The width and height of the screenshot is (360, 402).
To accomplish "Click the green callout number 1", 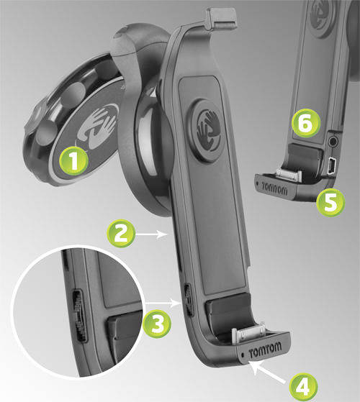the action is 74,161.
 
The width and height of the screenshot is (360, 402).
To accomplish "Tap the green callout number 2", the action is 121,233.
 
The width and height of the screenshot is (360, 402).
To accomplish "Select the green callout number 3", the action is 157,323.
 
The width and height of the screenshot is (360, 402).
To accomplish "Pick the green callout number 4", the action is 304,387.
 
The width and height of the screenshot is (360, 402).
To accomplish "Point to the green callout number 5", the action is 330,203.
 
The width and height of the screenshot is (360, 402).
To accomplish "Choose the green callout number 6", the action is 306,123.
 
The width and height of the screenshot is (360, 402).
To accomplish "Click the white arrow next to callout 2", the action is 152,234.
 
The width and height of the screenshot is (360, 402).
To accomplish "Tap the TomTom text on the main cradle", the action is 265,350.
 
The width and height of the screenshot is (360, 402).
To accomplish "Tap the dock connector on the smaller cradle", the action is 289,175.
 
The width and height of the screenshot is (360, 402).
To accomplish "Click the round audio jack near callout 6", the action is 333,140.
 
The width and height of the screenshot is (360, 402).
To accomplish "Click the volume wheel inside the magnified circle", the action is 80,316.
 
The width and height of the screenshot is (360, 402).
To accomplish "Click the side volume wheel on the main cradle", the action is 189,299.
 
